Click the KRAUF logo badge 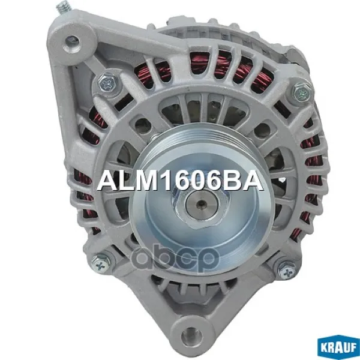click(338, 347)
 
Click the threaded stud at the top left click(64, 8)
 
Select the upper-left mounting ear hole click(73, 43)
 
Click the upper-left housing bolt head click(107, 83)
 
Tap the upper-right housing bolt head click(301, 92)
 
